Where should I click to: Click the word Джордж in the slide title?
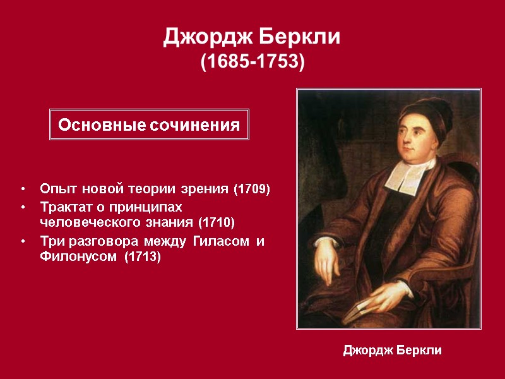click(x=200, y=37)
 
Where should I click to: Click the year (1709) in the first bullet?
click(x=252, y=189)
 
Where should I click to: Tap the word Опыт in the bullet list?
click(x=55, y=189)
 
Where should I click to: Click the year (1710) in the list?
click(x=216, y=222)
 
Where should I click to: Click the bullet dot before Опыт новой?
click(x=23, y=189)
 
